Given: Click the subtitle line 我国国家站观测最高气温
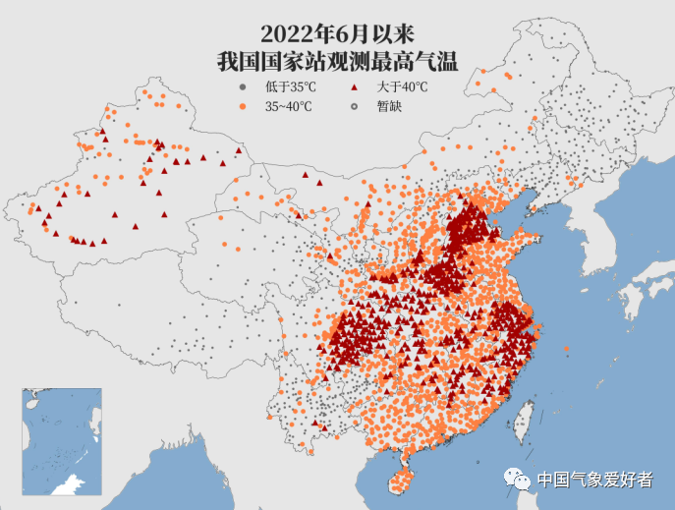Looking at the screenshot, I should pyautogui.click(x=337, y=61).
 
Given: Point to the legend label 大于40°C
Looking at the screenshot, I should pyautogui.click(x=402, y=87).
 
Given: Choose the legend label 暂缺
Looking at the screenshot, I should pyautogui.click(x=389, y=106).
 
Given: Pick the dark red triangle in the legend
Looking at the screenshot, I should pyautogui.click(x=352, y=87).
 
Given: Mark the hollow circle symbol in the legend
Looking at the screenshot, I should pyautogui.click(x=352, y=106).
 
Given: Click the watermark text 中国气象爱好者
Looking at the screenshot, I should pyautogui.click(x=594, y=480).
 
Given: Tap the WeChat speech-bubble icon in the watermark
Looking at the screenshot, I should pyautogui.click(x=517, y=479).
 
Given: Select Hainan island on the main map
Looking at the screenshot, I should pyautogui.click(x=397, y=482).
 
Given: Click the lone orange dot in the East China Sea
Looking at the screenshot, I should pyautogui.click(x=567, y=351).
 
